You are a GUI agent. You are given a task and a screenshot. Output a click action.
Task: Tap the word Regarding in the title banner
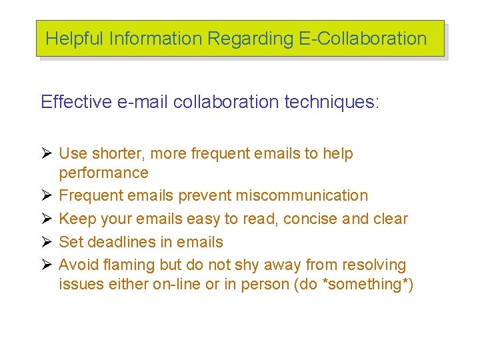point(250,39)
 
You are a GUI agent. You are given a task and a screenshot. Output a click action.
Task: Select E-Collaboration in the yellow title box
point(362,39)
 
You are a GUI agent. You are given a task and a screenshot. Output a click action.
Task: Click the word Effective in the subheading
point(76,102)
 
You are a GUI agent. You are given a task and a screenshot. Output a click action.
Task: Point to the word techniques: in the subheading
point(331,102)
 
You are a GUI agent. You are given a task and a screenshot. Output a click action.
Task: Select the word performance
point(103,173)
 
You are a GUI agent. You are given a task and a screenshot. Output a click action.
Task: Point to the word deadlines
point(122,242)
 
